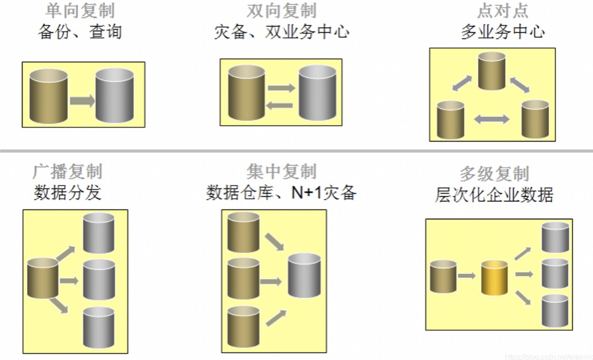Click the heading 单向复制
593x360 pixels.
[x=80, y=11]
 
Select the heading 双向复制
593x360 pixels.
[x=281, y=11]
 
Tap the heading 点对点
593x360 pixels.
[x=503, y=11]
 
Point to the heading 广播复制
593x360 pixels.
[x=67, y=172]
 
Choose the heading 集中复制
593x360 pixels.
[x=281, y=172]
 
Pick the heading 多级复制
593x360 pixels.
[x=494, y=174]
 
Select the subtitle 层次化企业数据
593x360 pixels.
[x=494, y=195]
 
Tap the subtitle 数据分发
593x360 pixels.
[x=67, y=192]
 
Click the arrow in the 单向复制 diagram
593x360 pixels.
[x=82, y=100]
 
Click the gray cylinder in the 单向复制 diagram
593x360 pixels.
[x=114, y=95]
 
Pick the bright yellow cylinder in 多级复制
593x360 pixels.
[x=494, y=276]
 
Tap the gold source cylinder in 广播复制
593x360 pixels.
[x=43, y=279]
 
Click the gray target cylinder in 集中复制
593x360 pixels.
[x=304, y=275]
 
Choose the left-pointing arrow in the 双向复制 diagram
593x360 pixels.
[x=280, y=106]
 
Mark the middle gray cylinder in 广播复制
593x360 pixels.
[x=99, y=279]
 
